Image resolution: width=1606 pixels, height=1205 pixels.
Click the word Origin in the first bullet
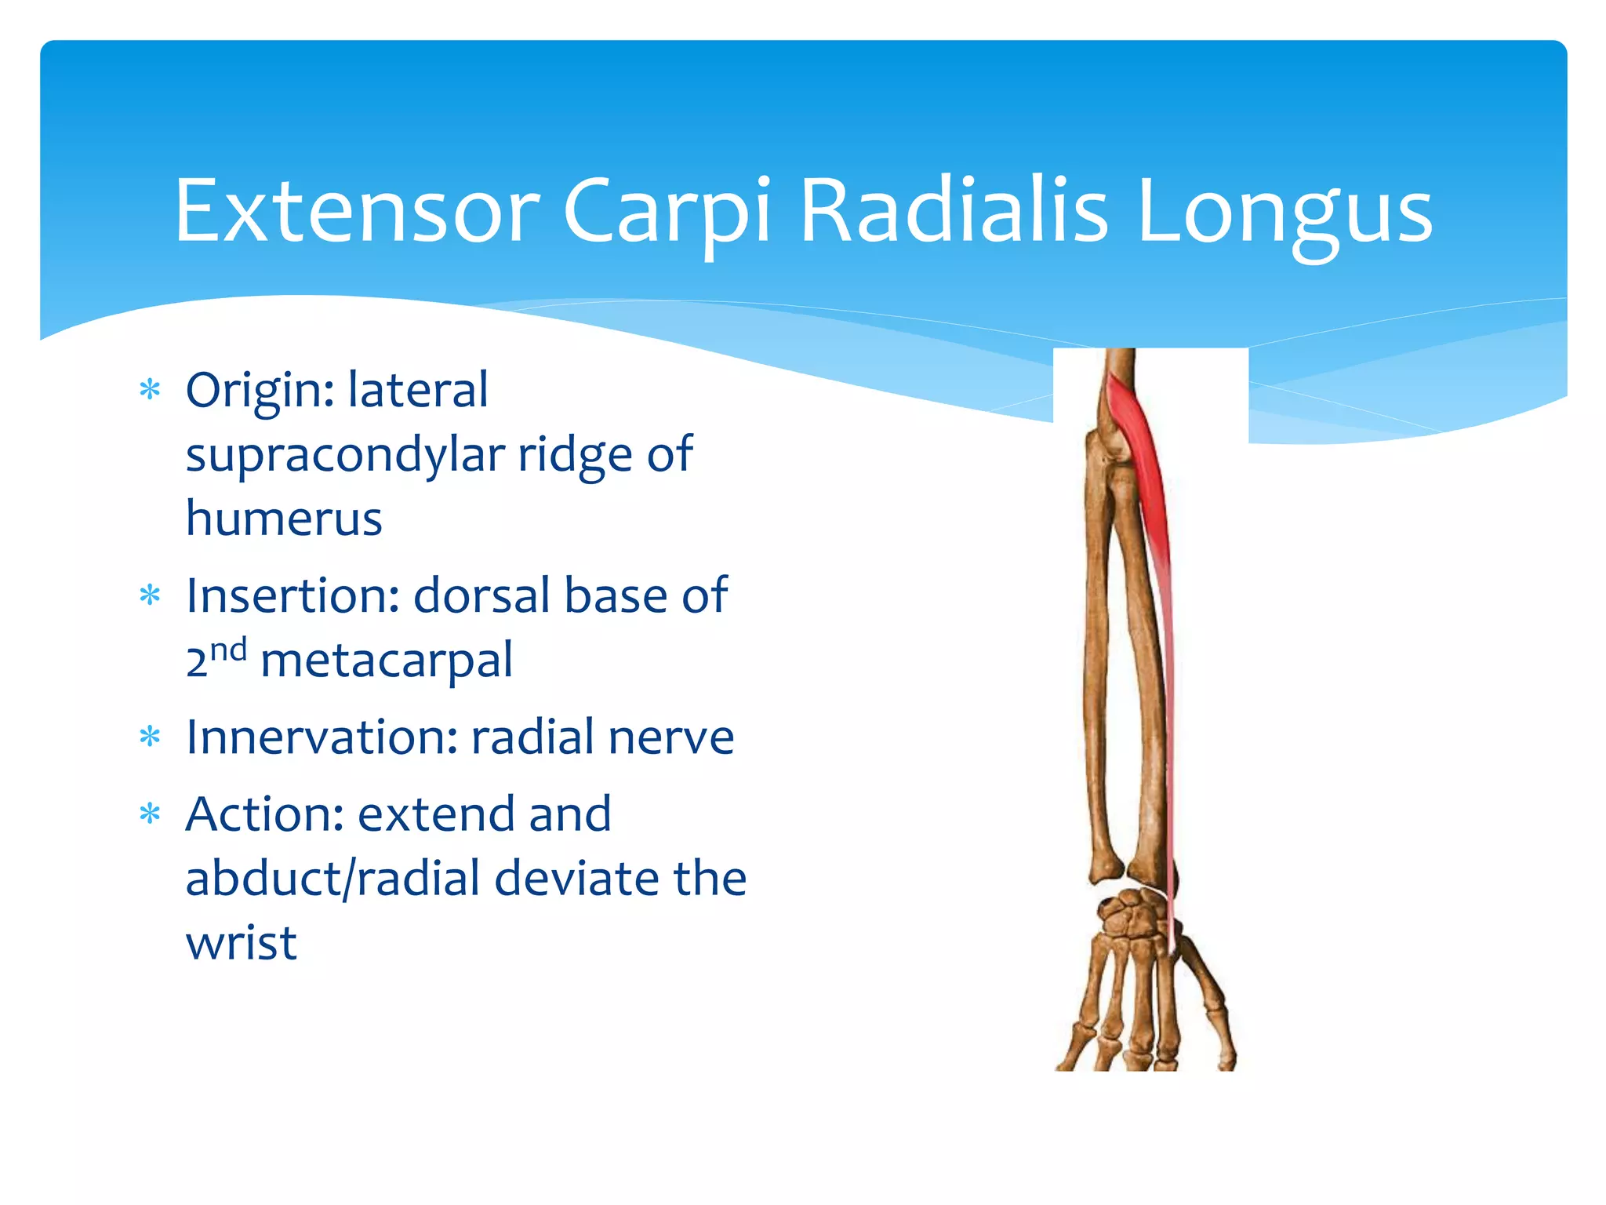[259, 391]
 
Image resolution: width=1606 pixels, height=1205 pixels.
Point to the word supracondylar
[345, 455]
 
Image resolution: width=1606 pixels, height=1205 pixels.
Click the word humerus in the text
[284, 519]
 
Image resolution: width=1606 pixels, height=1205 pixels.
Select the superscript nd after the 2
[228, 650]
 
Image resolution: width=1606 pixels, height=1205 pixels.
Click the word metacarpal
[386, 661]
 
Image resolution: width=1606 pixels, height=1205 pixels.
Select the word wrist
[241, 942]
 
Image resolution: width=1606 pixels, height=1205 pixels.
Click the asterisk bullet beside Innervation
[149, 737]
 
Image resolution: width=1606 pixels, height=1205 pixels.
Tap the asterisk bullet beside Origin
[149, 390]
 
